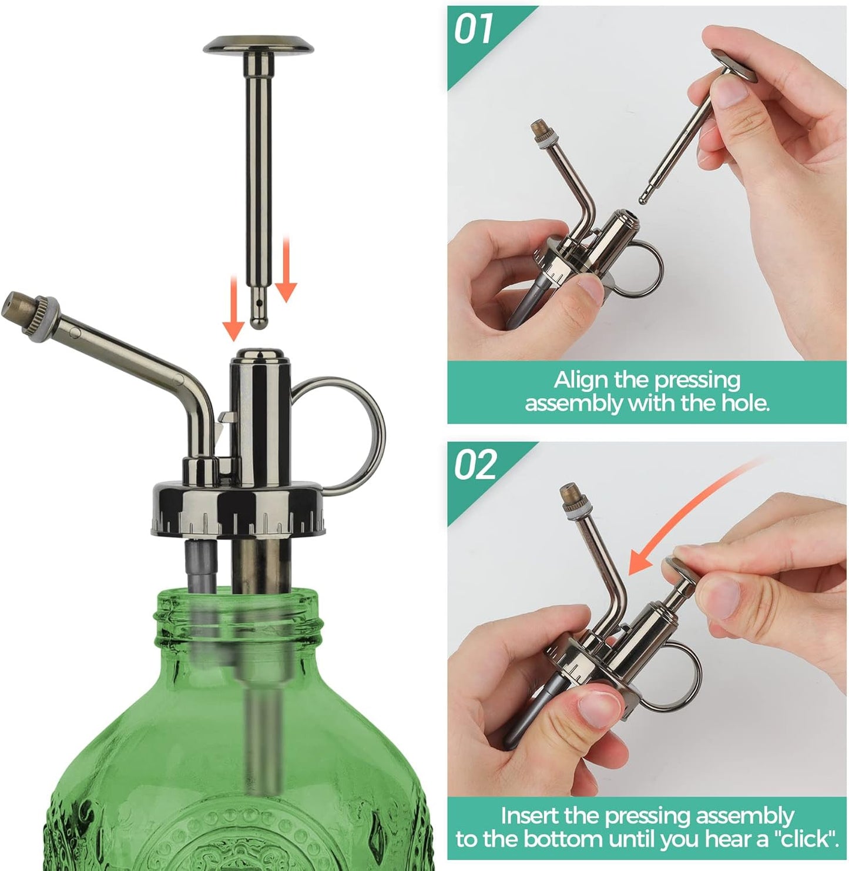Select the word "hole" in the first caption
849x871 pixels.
tap(744, 403)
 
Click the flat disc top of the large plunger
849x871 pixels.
tap(258, 44)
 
